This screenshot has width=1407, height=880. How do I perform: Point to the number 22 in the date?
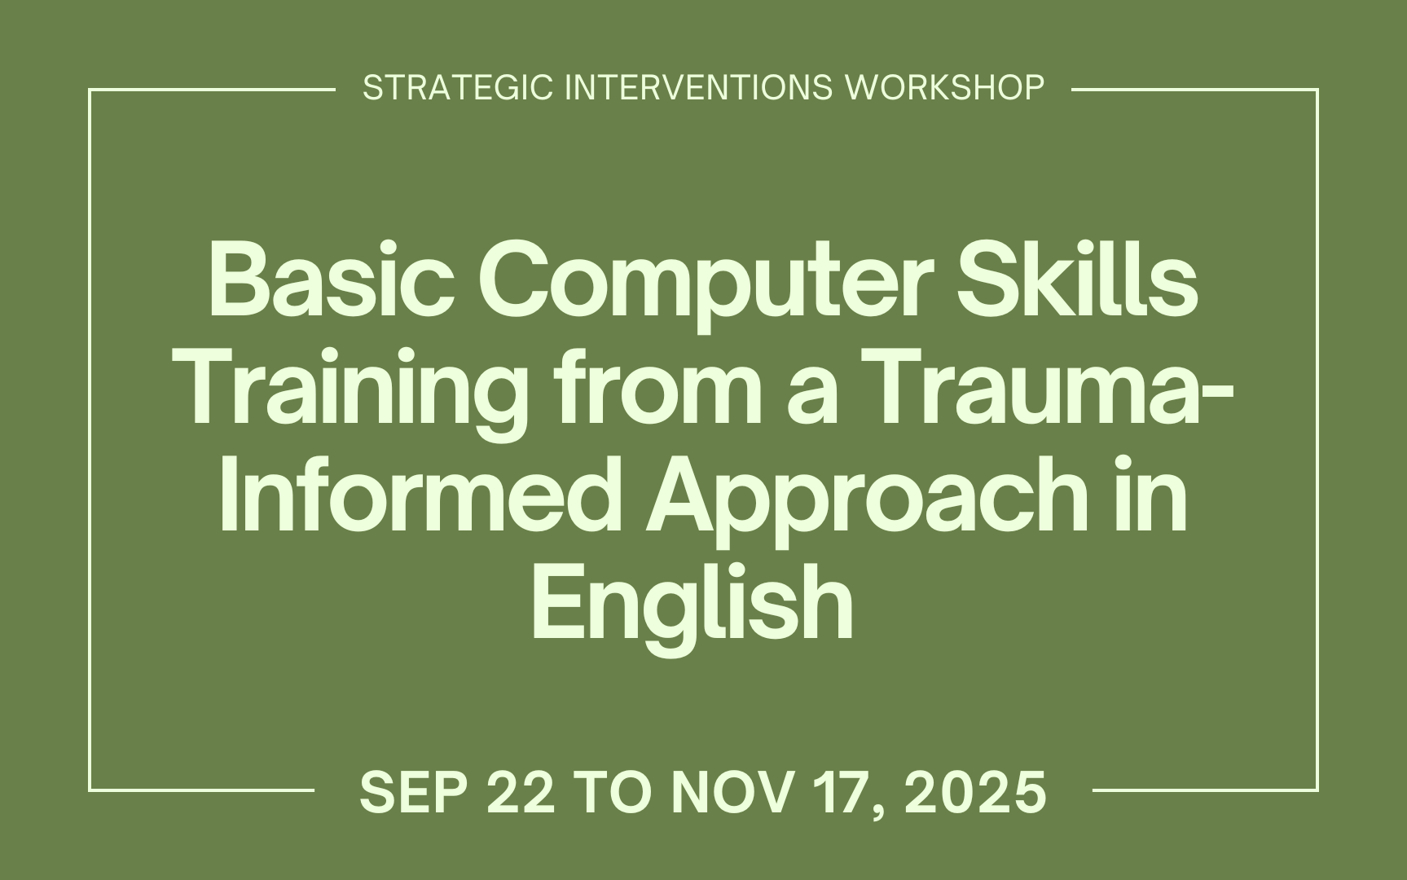click(x=521, y=793)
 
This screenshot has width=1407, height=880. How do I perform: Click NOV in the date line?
click(x=730, y=793)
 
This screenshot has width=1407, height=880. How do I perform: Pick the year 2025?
click(x=975, y=793)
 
